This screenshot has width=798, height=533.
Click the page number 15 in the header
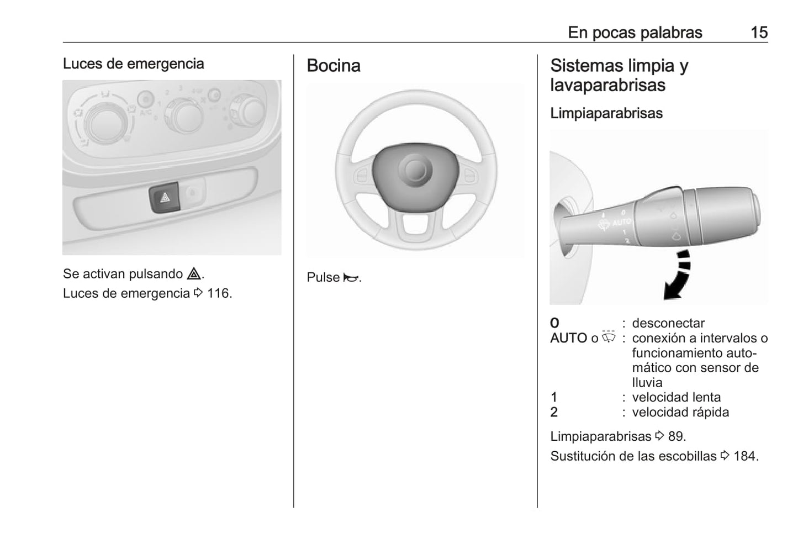click(x=759, y=33)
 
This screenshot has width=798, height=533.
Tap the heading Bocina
click(x=334, y=66)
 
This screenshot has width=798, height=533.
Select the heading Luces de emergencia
click(x=133, y=64)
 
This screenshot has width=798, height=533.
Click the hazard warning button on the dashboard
click(x=165, y=197)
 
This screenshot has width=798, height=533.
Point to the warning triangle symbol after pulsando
click(x=194, y=274)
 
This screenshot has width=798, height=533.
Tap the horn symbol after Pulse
click(x=350, y=278)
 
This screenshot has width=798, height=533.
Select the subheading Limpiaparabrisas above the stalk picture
click(x=606, y=113)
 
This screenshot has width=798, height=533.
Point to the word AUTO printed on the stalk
click(x=621, y=223)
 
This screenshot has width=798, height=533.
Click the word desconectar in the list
click(x=668, y=323)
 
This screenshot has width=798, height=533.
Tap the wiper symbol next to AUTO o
click(x=609, y=337)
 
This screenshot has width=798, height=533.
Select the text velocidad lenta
click(x=676, y=397)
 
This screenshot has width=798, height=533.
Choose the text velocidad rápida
click(x=680, y=412)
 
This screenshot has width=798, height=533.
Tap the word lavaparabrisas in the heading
click(x=607, y=86)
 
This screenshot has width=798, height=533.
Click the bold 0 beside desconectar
click(x=554, y=323)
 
